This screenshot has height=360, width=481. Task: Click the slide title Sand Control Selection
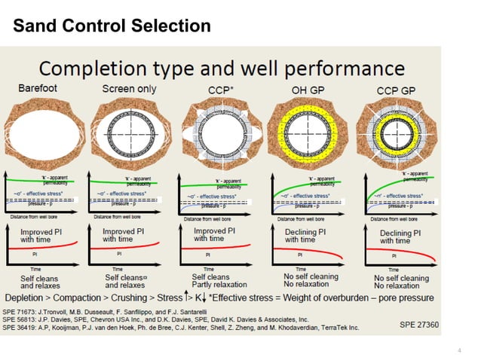(112, 26)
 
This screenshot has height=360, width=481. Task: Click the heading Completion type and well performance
(222, 70)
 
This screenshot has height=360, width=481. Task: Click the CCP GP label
(397, 90)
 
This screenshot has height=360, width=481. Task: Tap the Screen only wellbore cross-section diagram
(129, 130)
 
